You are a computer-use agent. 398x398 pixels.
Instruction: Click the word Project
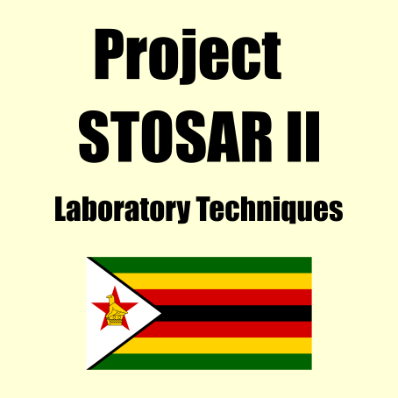coord(188,55)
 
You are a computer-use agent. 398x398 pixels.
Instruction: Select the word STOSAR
coord(175,137)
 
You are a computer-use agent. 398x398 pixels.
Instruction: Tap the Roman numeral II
coord(303,137)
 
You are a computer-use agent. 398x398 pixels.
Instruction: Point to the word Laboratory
coord(123,209)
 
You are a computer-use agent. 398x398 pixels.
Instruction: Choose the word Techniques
coord(269,209)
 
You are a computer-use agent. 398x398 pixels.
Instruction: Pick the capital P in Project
coord(109,53)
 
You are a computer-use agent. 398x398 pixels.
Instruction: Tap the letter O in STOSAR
coord(156,137)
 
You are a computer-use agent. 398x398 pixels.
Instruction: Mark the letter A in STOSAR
coord(223,137)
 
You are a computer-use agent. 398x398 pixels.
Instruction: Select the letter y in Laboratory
coord(181,212)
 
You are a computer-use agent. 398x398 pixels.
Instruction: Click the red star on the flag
coord(115,309)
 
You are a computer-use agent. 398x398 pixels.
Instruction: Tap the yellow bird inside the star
coord(116,310)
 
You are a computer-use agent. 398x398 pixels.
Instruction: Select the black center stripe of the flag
coord(234,313)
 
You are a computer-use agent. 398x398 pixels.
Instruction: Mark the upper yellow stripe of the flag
coord(213,281)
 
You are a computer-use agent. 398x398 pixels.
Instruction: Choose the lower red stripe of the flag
coord(224,330)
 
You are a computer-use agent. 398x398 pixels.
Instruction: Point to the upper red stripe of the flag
coord(224,297)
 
